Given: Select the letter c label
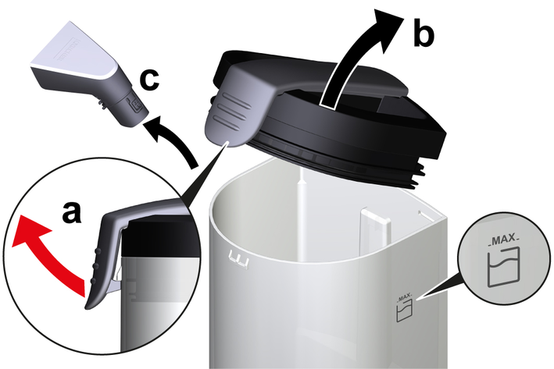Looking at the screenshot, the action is pyautogui.click(x=149, y=80).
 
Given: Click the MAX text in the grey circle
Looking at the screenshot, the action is pyautogui.click(x=503, y=240).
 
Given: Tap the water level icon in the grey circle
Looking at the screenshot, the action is pyautogui.click(x=503, y=267).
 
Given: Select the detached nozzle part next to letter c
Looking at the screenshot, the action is pyautogui.click(x=90, y=74).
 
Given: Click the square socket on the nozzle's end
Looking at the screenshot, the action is pyautogui.click(x=136, y=105).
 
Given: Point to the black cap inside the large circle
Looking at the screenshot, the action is pyautogui.click(x=159, y=236).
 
